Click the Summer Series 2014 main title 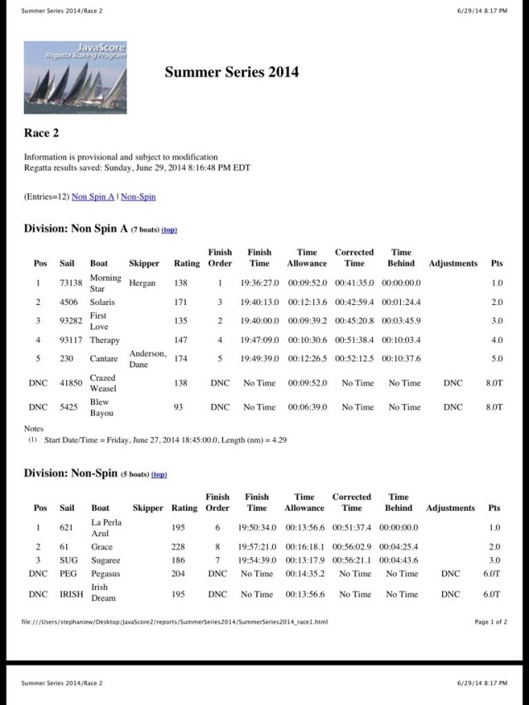[231, 72]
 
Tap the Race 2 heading [41, 132]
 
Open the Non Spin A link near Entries [93, 197]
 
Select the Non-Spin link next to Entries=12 [138, 197]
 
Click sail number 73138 [71, 283]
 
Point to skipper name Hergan [141, 283]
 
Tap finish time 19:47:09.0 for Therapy [260, 340]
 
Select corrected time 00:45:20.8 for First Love [354, 321]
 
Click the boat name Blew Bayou [99, 407]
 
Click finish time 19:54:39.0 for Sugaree [257, 560]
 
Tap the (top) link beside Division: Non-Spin [159, 474]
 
